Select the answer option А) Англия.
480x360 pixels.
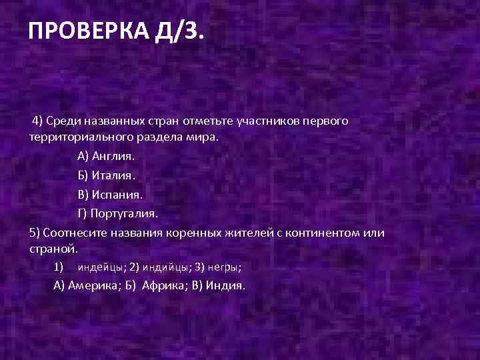point(105,155)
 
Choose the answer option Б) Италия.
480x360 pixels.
point(105,175)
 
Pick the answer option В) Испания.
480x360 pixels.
point(109,194)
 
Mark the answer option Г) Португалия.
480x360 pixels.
point(117,213)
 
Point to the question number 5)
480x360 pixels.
point(35,233)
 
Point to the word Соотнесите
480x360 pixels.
point(74,233)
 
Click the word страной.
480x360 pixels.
point(54,248)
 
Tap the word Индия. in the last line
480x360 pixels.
point(227,285)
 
